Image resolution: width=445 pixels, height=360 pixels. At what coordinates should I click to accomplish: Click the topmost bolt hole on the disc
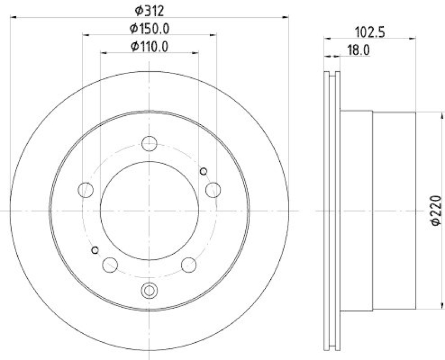pos(149,144)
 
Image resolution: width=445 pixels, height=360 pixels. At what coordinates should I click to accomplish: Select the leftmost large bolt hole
pos(86,190)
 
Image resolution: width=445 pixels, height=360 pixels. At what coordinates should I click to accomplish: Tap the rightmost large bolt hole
pos(212,190)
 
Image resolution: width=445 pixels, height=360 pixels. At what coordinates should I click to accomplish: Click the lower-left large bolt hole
pos(110,264)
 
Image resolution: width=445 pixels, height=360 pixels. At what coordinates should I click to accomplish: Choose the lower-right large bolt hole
pos(189,264)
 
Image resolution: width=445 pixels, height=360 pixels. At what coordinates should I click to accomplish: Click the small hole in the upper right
pos(203,170)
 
